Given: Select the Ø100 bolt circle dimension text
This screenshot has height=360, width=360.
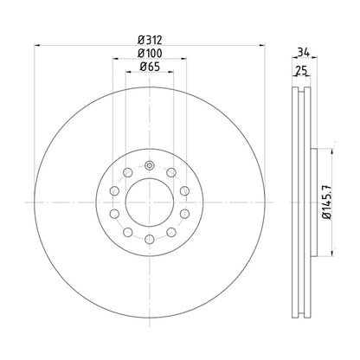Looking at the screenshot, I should pos(149,55).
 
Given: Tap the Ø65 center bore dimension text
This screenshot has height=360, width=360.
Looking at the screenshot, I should pos(149,70).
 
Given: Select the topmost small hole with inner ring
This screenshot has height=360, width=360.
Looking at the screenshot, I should pos(150,165).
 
